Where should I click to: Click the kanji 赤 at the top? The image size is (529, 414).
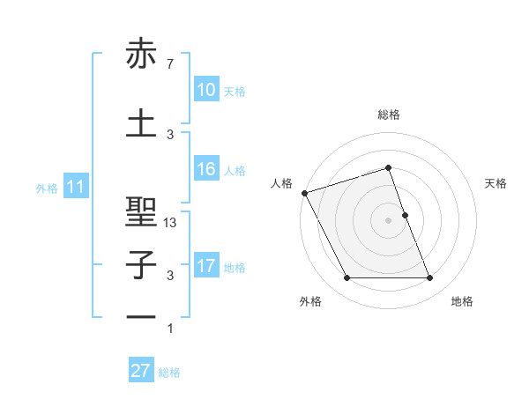[x=141, y=55]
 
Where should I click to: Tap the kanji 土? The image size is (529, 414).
[x=141, y=123]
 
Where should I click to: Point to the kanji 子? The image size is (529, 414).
[x=141, y=264]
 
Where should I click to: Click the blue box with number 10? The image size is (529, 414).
[x=205, y=90]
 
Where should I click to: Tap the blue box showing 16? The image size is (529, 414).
[x=205, y=169]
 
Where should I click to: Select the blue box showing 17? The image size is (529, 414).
[x=205, y=266]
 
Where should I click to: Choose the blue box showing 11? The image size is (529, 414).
[x=75, y=187]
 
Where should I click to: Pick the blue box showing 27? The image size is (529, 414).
[x=141, y=371]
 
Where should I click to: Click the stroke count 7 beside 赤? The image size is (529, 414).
[x=169, y=64]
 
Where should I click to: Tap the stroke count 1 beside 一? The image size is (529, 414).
[x=170, y=329]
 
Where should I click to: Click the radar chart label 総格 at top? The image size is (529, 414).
[x=388, y=115]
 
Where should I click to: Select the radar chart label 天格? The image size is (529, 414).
[x=495, y=183]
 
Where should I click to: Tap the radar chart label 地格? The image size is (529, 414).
[x=462, y=302]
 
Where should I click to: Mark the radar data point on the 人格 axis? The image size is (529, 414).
[x=304, y=193]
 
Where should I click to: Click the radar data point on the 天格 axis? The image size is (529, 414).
[x=405, y=214]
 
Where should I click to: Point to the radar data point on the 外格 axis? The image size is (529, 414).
[x=346, y=278]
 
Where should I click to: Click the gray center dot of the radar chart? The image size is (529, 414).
[x=388, y=219]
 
